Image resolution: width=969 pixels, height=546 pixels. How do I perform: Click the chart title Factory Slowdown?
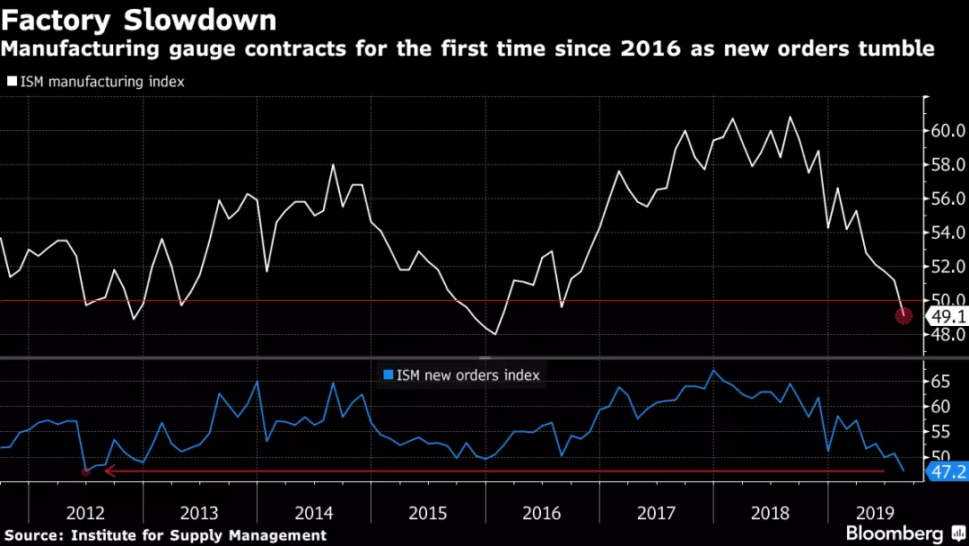pyautogui.click(x=139, y=19)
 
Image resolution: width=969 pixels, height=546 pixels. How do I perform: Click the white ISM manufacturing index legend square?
pyautogui.click(x=12, y=81)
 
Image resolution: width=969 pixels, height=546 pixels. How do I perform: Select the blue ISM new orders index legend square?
pyautogui.click(x=388, y=374)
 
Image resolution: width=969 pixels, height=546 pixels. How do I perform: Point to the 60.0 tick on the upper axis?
pyautogui.click(x=947, y=131)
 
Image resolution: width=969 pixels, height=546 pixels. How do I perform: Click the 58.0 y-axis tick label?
pyautogui.click(x=947, y=165)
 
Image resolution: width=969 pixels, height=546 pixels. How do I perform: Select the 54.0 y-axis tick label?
pyautogui.click(x=947, y=233)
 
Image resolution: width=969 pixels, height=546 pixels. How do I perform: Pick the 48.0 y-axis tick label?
pyautogui.click(x=947, y=334)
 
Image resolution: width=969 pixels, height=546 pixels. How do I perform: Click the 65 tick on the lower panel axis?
pyautogui.click(x=940, y=382)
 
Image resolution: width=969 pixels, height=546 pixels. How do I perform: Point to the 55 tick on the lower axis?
pyautogui.click(x=940, y=433)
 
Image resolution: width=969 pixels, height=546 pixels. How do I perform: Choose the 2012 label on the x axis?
pyautogui.click(x=85, y=513)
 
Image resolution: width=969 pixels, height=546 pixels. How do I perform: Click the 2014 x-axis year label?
pyautogui.click(x=313, y=513)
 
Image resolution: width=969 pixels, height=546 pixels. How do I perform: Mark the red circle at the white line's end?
pyautogui.click(x=904, y=315)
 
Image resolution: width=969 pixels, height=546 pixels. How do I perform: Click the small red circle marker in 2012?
pyautogui.click(x=86, y=471)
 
